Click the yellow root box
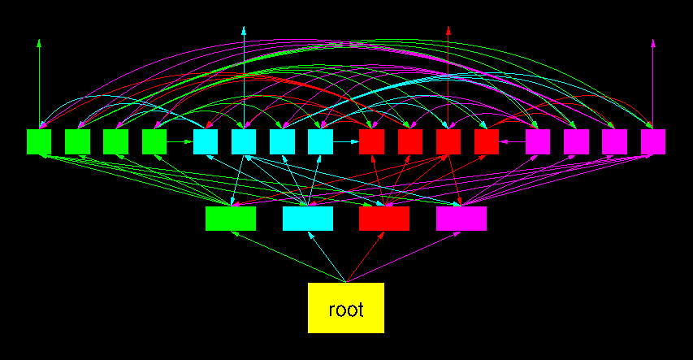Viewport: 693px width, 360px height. (x=345, y=307)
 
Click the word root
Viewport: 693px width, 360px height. (x=345, y=310)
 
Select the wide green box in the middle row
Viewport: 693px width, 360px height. (x=231, y=219)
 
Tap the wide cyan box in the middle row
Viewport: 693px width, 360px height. (x=308, y=219)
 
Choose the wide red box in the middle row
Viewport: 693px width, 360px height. (x=384, y=219)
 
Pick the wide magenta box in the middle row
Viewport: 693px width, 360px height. (x=461, y=219)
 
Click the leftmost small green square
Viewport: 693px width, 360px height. (x=39, y=141)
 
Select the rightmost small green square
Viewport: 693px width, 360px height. (x=154, y=141)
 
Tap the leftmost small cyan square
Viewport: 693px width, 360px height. (x=206, y=141)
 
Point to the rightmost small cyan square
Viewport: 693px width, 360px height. (x=321, y=141)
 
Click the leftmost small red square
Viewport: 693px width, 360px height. (x=371, y=141)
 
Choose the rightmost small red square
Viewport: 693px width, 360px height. (x=487, y=141)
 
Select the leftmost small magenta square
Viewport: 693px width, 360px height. (x=538, y=141)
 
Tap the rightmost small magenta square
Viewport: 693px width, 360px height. (x=653, y=141)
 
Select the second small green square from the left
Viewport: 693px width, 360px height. (x=77, y=141)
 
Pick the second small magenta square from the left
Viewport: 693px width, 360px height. (x=576, y=141)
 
